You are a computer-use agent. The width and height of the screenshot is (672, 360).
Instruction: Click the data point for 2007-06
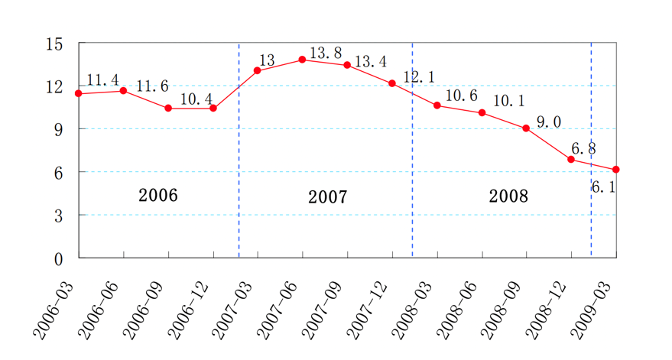pyautogui.click(x=303, y=59)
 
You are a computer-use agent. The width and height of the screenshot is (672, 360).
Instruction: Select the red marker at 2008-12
pyautogui.click(x=571, y=159)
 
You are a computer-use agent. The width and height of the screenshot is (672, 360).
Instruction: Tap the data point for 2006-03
pyautogui.click(x=79, y=93)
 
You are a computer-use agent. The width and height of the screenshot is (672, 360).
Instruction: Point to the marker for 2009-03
pyautogui.click(x=616, y=169)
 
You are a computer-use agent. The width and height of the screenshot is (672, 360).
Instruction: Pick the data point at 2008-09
pyautogui.click(x=526, y=128)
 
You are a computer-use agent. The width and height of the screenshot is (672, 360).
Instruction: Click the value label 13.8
pyautogui.click(x=326, y=53)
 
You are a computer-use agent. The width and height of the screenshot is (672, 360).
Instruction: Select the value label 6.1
pyautogui.click(x=604, y=186)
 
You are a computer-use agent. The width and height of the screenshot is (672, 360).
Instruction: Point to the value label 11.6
pyautogui.click(x=152, y=86)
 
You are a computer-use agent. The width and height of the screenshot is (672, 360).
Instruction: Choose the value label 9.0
pyautogui.click(x=549, y=122)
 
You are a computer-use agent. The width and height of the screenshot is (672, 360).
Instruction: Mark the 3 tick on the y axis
pyautogui.click(x=58, y=216)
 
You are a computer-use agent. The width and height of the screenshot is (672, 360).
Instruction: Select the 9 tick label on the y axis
pyautogui.click(x=58, y=129)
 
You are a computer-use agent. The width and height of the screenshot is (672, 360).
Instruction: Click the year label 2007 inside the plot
pyautogui.click(x=328, y=197)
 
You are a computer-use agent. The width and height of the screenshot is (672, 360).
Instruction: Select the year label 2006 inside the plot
pyautogui.click(x=158, y=195)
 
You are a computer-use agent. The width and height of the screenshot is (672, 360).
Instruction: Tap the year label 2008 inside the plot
pyautogui.click(x=508, y=196)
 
